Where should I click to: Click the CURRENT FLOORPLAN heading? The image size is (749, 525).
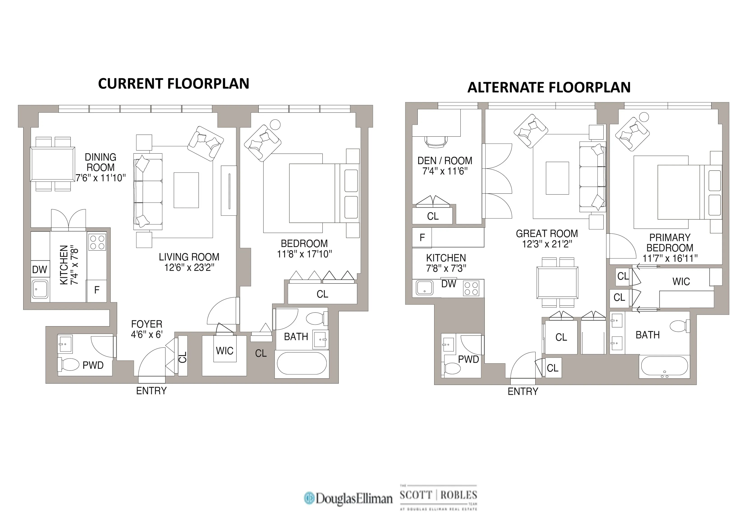(x=174, y=84)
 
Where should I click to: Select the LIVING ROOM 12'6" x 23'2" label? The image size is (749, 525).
(x=189, y=262)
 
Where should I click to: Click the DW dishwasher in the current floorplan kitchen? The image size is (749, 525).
(x=40, y=270)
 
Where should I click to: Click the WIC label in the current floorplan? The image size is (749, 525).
(x=225, y=351)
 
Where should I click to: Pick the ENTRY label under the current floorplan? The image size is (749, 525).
(x=151, y=391)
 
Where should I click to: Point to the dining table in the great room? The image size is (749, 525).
(x=557, y=282)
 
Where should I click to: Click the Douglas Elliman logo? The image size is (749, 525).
(x=348, y=498)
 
